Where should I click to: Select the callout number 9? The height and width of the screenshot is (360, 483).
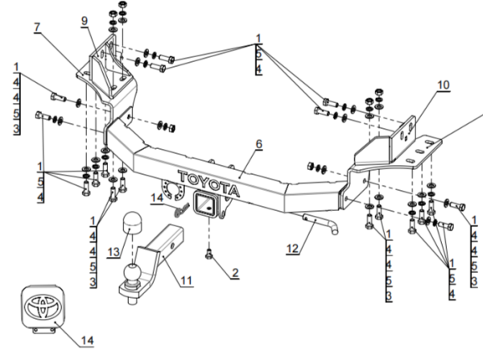pyautogui.click(x=84, y=21)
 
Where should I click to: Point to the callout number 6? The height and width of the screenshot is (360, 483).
pyautogui.click(x=259, y=143)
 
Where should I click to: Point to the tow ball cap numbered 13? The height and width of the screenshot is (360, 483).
pyautogui.click(x=131, y=226)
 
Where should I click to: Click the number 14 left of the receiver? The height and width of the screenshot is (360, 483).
pyautogui.click(x=157, y=196)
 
